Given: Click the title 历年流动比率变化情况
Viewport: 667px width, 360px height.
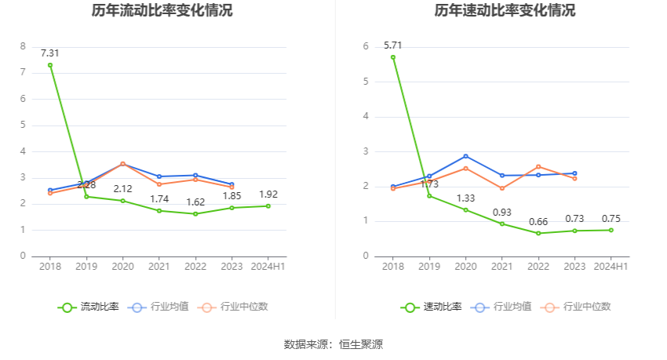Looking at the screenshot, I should click(x=162, y=11).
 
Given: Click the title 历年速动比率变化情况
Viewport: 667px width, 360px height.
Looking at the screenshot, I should click(x=505, y=11).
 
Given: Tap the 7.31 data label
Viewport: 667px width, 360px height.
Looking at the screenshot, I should click(x=50, y=53).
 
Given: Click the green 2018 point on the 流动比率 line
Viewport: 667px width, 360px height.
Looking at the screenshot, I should click(x=50, y=65).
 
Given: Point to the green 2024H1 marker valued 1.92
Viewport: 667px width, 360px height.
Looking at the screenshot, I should click(x=268, y=206).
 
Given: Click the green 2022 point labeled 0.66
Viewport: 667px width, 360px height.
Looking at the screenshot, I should click(x=538, y=233).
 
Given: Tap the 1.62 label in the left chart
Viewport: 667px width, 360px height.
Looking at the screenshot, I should click(x=195, y=202).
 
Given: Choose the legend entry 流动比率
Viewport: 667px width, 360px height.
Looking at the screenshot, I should click(x=89, y=307).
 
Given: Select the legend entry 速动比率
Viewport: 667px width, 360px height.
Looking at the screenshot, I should click(x=432, y=307).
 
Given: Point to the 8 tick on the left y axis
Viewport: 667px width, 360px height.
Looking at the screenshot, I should click(x=23, y=46).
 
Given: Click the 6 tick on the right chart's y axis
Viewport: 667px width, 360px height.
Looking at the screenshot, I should click(x=366, y=46).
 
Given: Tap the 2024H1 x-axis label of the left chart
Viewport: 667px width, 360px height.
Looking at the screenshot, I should click(x=268, y=267).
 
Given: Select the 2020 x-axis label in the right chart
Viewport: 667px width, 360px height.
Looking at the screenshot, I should click(x=465, y=267).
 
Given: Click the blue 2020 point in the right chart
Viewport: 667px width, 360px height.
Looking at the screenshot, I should click(x=465, y=156).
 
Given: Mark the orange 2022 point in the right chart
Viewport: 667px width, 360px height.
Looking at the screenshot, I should click(x=538, y=166).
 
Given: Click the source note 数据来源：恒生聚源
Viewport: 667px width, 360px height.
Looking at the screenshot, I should click(x=333, y=344).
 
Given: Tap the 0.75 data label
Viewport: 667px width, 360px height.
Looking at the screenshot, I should click(x=611, y=219).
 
